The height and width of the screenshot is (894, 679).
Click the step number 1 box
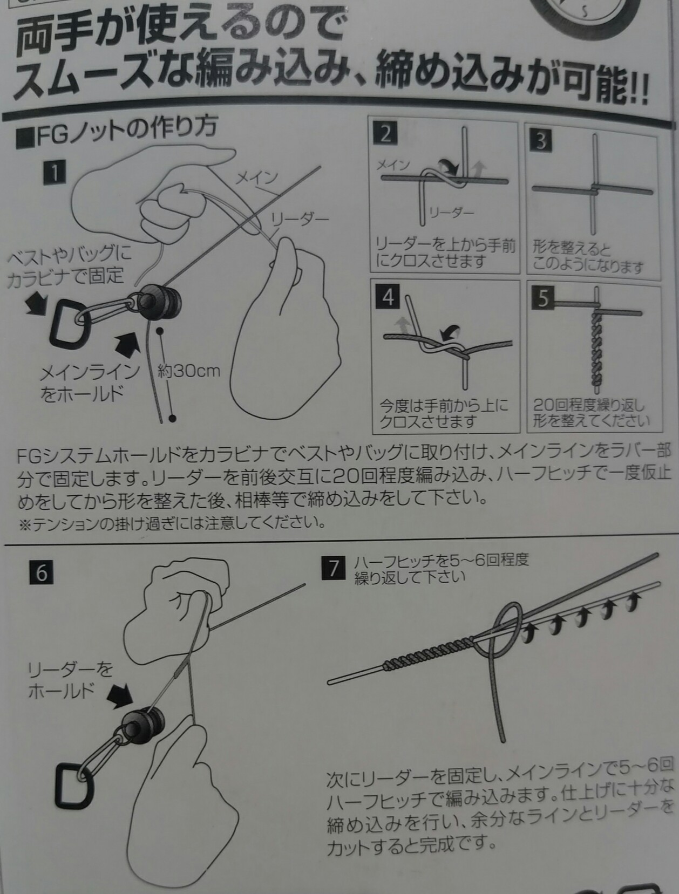(54, 172)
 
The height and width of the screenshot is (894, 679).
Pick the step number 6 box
(42, 572)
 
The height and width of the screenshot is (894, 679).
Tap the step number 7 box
(333, 569)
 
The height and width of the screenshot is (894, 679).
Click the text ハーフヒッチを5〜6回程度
(441, 561)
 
